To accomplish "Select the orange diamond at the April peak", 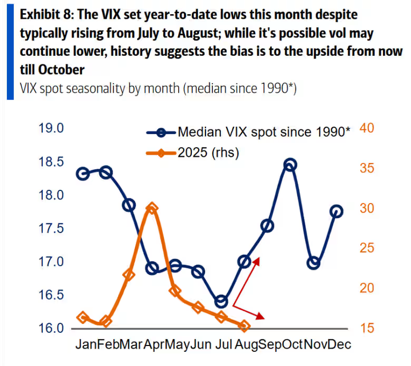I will [x=152, y=209].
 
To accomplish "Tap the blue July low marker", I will [x=221, y=302].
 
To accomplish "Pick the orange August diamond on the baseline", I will [x=244, y=326].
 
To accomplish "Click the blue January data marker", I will [x=83, y=173].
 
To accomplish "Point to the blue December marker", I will [x=336, y=212].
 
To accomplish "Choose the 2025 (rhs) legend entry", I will [x=208, y=152].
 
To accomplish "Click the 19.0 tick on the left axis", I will [x=51, y=128].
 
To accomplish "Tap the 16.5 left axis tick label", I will [x=51, y=295].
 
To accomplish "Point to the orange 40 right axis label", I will [x=366, y=129].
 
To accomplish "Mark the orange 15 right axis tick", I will [x=366, y=328].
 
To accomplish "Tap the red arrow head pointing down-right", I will [x=262, y=316].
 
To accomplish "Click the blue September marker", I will [x=267, y=226].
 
